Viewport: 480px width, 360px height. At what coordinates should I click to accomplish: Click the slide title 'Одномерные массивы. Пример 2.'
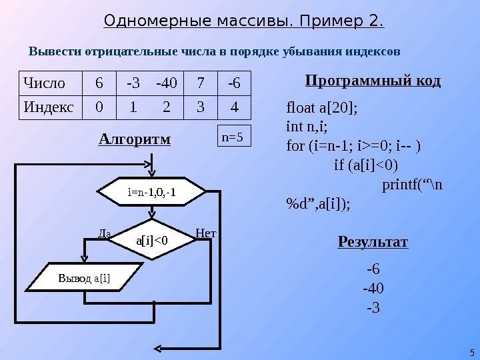[x=244, y=23]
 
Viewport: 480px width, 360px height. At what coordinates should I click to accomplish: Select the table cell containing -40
[x=167, y=84]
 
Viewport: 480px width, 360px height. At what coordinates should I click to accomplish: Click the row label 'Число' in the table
[x=45, y=84]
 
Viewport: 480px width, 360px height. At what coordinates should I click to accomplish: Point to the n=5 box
[x=233, y=137]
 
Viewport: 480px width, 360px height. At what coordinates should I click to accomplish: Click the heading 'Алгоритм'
[x=135, y=139]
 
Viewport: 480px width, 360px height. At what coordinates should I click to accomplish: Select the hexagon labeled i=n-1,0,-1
[x=152, y=193]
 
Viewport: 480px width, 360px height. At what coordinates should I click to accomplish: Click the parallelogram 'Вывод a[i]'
[x=89, y=278]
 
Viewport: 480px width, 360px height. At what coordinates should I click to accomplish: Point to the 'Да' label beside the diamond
[x=104, y=234]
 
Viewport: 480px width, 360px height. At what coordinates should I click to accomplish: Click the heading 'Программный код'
[x=373, y=81]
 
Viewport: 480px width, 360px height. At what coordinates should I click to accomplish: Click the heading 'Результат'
[x=373, y=241]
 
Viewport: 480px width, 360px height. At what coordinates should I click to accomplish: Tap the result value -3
[x=373, y=308]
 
